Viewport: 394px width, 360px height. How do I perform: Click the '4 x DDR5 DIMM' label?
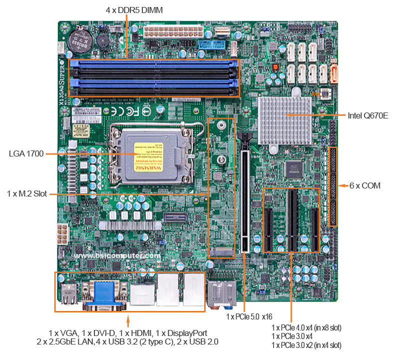point(134,9)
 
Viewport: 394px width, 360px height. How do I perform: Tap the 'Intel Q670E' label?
point(368,115)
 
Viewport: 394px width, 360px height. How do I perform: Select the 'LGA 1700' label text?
point(25,153)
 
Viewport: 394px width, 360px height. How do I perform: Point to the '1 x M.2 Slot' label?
point(26,193)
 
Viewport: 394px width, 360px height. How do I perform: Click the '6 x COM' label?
point(365,185)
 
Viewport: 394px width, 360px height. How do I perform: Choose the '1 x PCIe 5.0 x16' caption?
point(249,316)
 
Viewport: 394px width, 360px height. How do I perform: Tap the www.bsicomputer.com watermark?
point(117,255)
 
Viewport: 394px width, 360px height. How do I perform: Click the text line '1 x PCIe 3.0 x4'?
point(292,336)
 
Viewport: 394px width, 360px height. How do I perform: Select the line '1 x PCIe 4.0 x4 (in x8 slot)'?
point(306,328)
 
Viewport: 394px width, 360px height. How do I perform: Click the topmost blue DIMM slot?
point(154,64)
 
